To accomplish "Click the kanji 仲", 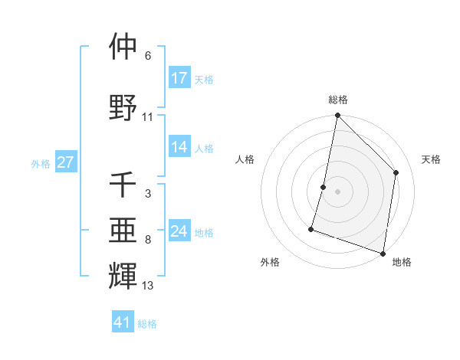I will tap(123, 47).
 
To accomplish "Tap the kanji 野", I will tap(123, 107).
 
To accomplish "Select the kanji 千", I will tap(123, 185).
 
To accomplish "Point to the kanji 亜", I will tap(123, 229).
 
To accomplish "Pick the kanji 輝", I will tap(123, 274).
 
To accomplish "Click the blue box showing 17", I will tap(179, 78).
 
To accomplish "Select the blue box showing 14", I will tap(179, 148).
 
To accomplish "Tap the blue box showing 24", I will tap(179, 232).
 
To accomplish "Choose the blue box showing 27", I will tap(66, 162).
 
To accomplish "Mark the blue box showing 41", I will tap(123, 322).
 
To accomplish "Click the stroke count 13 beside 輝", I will tap(148, 286).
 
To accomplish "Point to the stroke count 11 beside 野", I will tap(148, 117).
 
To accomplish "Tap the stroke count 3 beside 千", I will tap(148, 195).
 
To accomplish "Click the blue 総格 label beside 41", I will tap(147, 324).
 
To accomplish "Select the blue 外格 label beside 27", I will tap(41, 163).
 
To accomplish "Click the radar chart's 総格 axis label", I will tap(337, 100).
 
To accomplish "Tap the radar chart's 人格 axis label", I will tap(245, 159).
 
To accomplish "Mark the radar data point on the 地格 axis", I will tap(382, 253).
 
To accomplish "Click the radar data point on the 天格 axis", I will tap(396, 172).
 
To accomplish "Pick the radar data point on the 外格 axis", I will tap(311, 228).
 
